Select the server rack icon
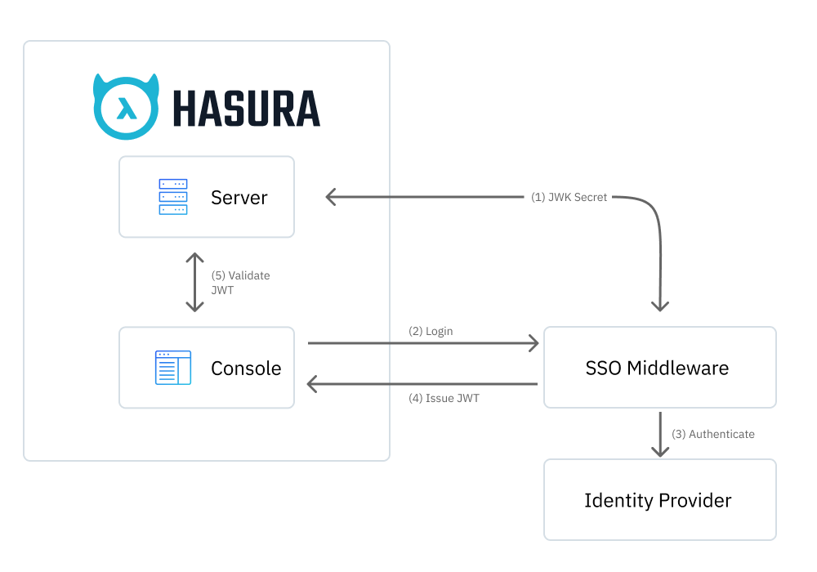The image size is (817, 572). [x=172, y=197]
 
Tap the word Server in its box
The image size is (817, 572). [x=239, y=197]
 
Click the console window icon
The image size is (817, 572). [x=172, y=368]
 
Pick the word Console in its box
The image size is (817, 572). [x=246, y=369]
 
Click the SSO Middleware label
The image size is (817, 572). [x=657, y=368]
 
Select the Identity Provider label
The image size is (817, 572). [x=658, y=500]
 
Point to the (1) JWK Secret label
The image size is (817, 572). [x=569, y=197]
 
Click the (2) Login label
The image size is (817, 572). [x=431, y=331]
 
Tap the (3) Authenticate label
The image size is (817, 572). [x=712, y=434]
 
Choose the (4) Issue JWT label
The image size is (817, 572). [x=443, y=400]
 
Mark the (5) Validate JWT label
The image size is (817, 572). [x=240, y=283]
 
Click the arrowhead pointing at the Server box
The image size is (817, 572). [x=330, y=197]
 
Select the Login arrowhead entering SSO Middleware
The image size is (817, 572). [x=534, y=343]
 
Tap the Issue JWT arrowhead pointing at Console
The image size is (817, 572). [x=312, y=383]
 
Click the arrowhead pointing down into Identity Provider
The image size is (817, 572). [x=659, y=450]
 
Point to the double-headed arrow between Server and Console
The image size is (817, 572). [x=194, y=282]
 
